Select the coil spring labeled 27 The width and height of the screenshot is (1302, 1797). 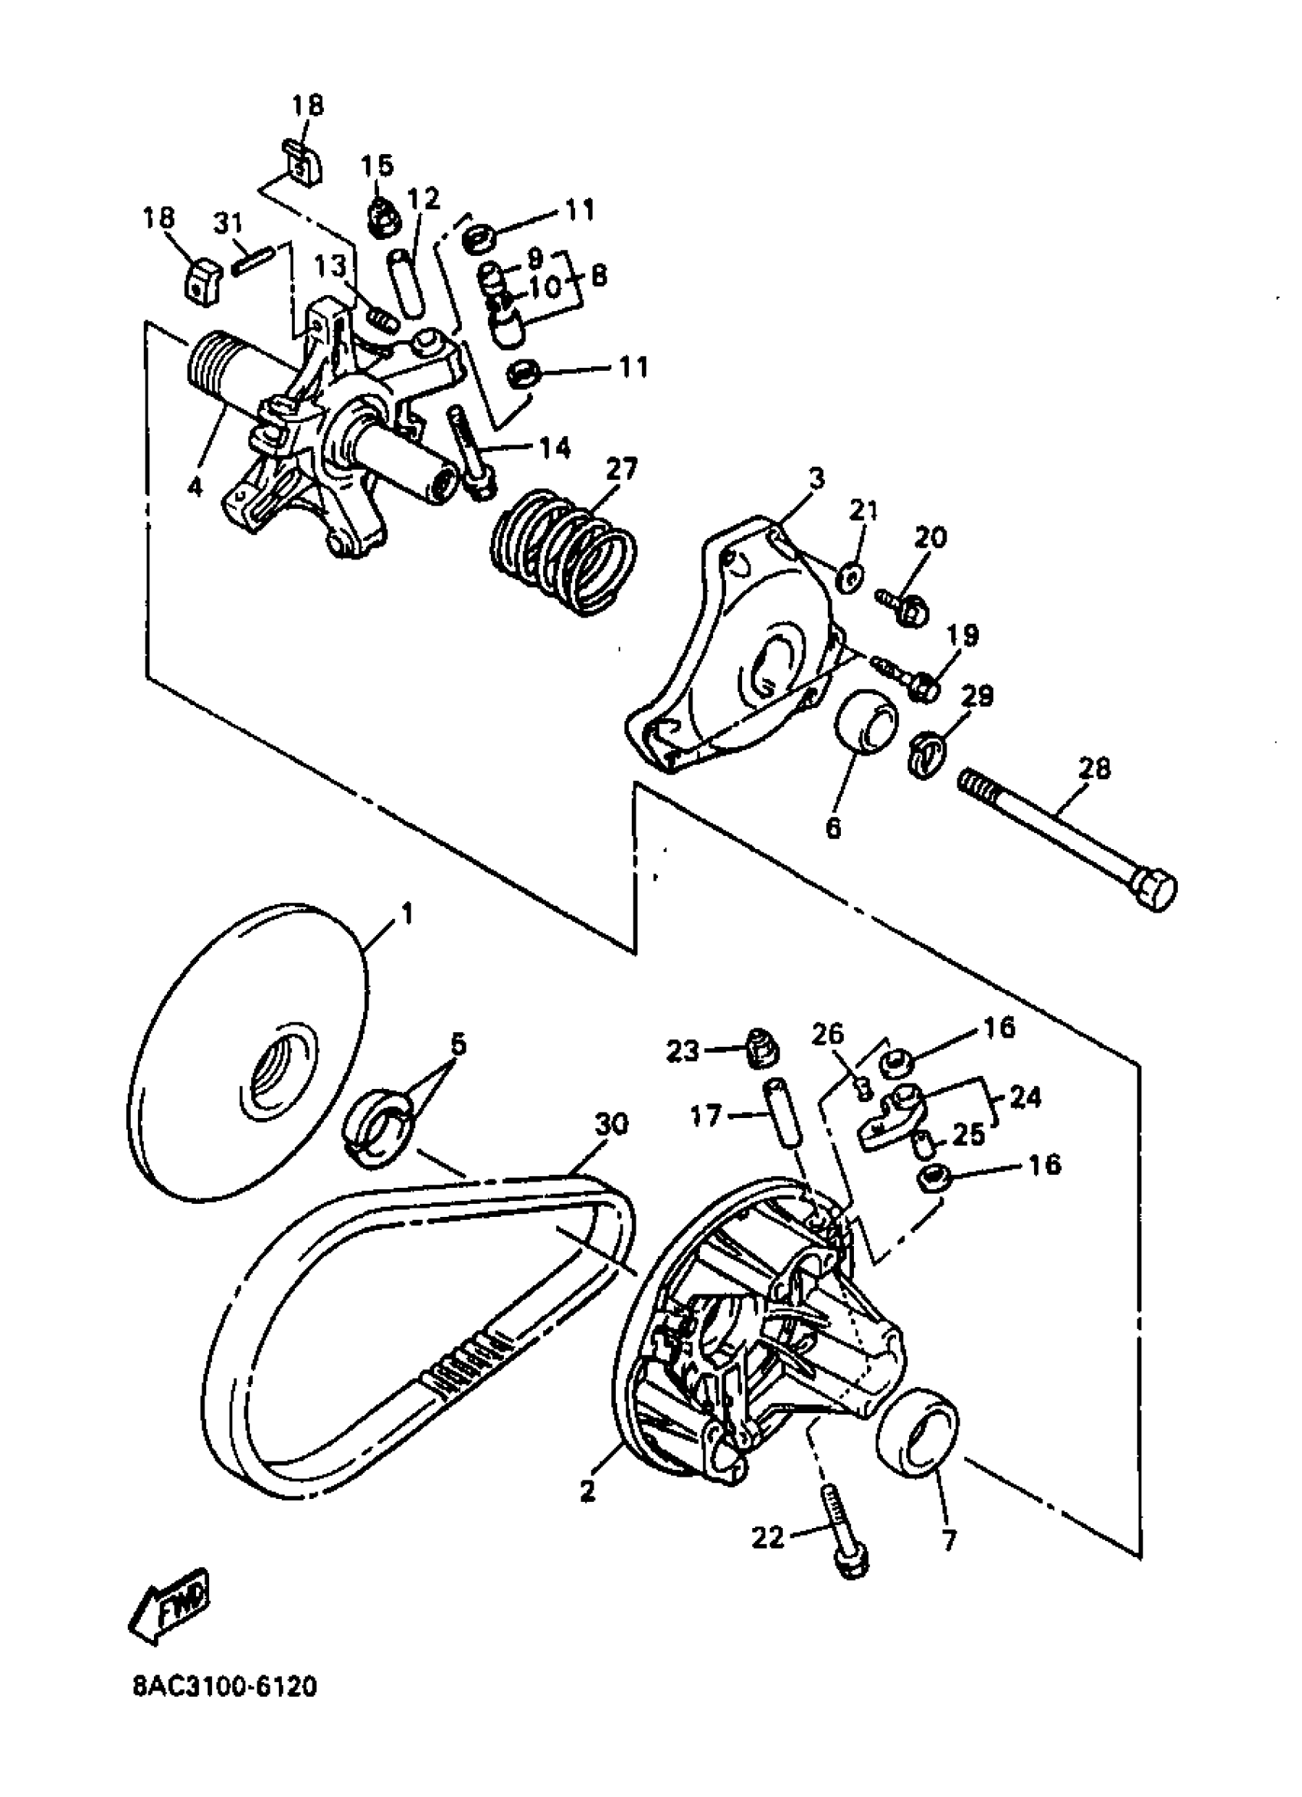pos(564,550)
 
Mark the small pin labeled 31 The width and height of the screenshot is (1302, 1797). pos(253,260)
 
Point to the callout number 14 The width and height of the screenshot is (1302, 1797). pos(555,448)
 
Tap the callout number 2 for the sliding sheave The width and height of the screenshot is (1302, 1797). pos(586,1490)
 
